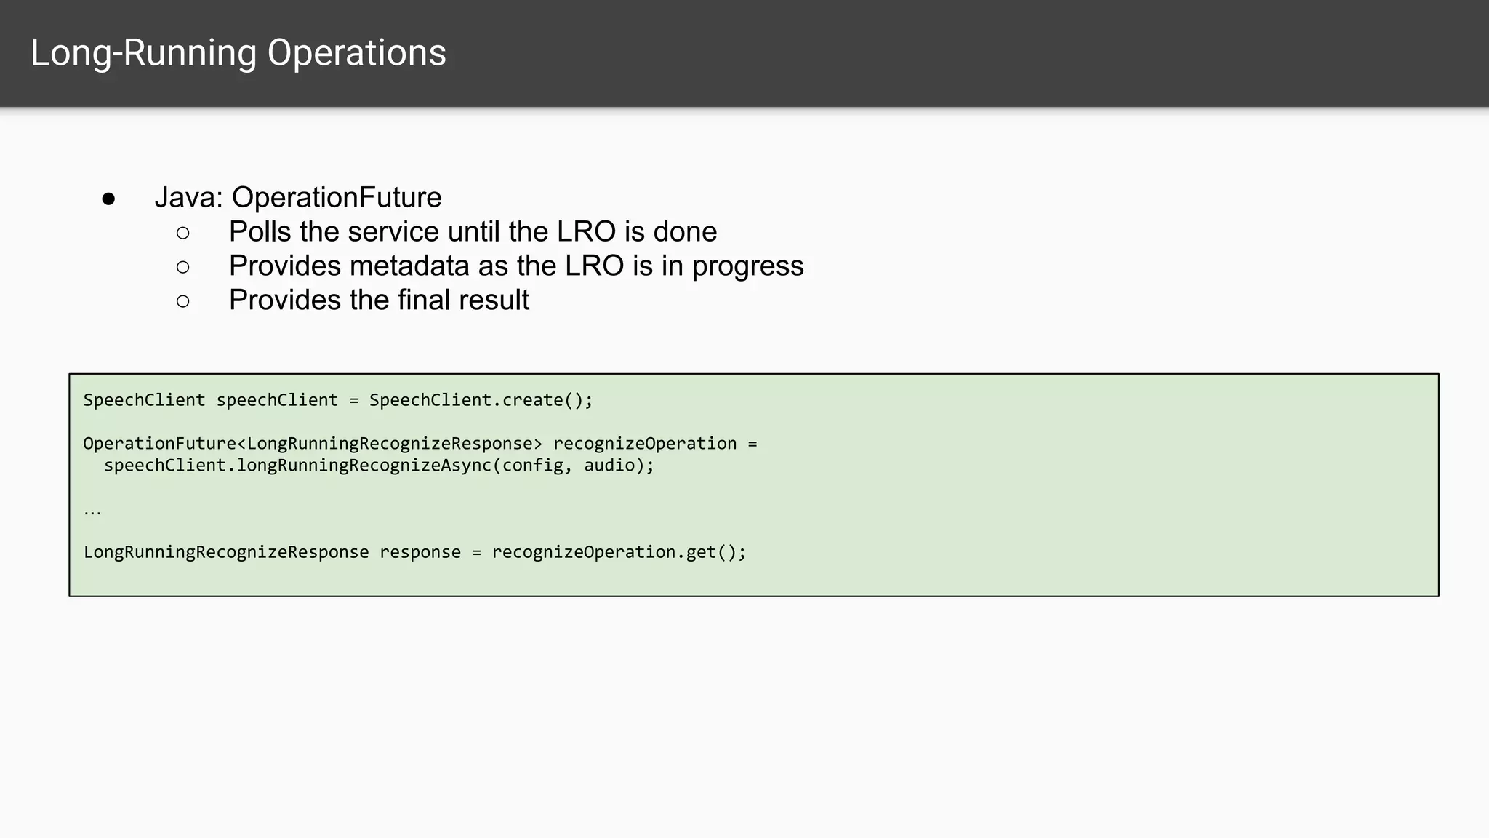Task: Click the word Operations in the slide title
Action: point(356,53)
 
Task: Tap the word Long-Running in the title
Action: point(143,53)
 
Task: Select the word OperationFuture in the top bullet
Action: point(336,198)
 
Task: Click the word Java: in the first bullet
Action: point(188,198)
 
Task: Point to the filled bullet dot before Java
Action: point(108,199)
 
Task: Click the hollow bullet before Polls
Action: point(182,233)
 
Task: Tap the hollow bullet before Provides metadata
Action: point(182,267)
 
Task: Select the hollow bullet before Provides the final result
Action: point(182,301)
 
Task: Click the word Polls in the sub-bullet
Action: point(260,232)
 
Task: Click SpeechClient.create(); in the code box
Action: point(481,400)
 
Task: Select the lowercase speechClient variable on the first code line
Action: point(277,400)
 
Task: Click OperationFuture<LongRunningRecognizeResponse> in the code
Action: point(313,444)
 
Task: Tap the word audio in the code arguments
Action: point(609,466)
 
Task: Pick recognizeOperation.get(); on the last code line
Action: point(619,552)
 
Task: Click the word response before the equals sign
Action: point(420,552)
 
